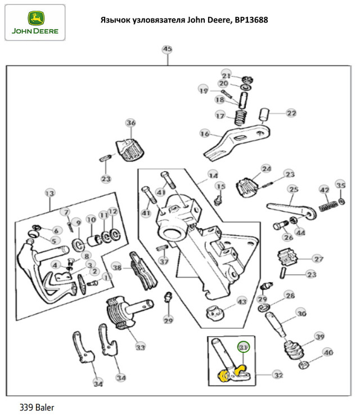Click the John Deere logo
coord(35,22)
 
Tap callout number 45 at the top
coord(167,50)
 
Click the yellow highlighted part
coord(230,373)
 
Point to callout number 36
coord(130,123)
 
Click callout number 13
coord(49,194)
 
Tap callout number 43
coord(241,302)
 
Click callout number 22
coord(290,113)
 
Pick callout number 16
coord(204,134)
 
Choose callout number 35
coord(340,185)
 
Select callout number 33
coord(139,347)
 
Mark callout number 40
coord(328,353)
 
